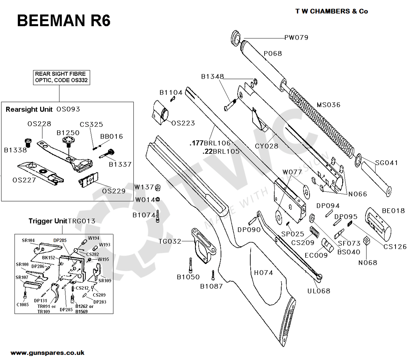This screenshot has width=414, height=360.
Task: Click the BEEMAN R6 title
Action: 64,20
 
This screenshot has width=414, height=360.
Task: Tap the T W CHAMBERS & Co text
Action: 332,11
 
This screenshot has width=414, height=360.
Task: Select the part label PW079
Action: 296,38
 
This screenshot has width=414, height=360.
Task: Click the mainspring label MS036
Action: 328,105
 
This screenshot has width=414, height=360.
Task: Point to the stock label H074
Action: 263,273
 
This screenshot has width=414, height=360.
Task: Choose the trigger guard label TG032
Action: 170,241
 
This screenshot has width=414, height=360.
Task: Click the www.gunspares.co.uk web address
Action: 48,353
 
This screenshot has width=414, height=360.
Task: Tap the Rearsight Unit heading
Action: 29,109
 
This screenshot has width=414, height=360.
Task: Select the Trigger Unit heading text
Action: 48,221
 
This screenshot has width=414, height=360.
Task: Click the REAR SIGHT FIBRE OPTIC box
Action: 61,77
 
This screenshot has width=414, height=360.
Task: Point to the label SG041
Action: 387,163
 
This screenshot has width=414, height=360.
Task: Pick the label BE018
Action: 393,211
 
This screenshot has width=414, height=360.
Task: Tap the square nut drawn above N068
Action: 366,241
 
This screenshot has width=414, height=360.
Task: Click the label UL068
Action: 319,291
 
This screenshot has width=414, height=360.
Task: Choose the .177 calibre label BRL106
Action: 210,143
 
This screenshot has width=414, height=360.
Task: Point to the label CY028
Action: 266,146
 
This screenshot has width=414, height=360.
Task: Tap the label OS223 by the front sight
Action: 183,123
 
